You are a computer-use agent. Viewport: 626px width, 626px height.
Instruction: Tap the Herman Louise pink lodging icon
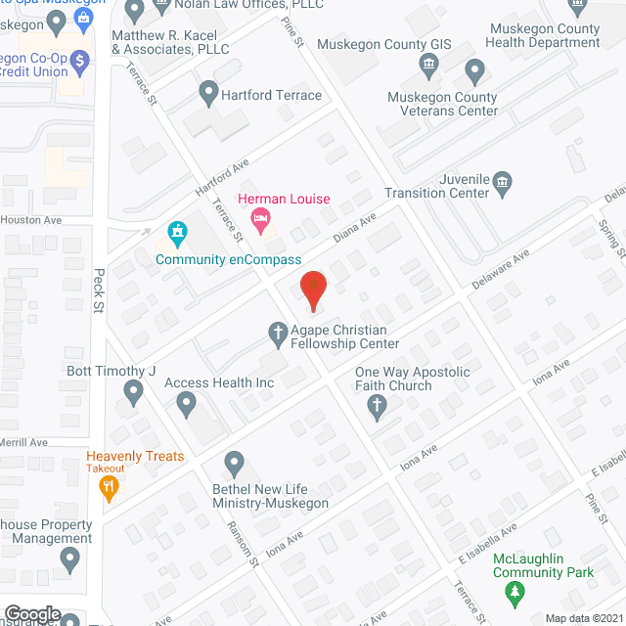(260, 220)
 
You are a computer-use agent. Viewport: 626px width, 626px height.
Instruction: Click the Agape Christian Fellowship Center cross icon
(279, 335)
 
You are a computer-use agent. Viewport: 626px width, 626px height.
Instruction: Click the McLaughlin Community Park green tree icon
(513, 593)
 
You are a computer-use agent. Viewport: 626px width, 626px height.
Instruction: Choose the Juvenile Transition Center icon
(503, 180)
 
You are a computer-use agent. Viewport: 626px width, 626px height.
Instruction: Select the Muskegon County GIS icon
(428, 67)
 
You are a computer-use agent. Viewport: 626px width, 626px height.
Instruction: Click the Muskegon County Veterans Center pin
(475, 70)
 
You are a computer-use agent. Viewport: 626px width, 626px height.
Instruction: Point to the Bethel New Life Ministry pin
(234, 462)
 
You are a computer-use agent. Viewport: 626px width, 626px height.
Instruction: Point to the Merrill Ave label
(24, 443)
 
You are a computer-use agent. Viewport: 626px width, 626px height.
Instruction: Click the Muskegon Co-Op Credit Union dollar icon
(80, 60)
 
